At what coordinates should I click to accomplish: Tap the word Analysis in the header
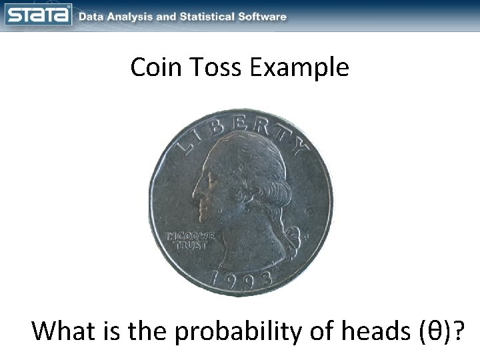click(131, 17)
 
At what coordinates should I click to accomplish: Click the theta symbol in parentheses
click(437, 331)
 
